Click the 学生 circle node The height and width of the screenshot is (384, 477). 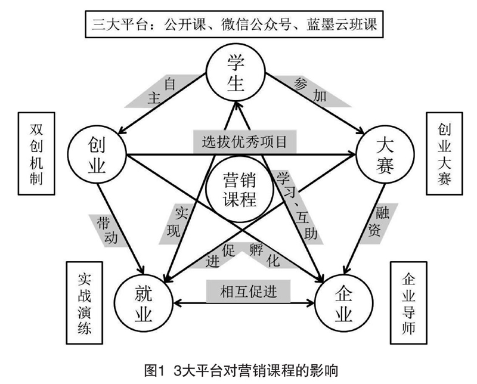pyautogui.click(x=236, y=73)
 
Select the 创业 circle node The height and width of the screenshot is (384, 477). pyautogui.click(x=97, y=155)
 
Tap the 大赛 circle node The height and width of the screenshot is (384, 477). pyautogui.click(x=385, y=155)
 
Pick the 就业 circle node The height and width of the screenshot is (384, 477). pyautogui.click(x=143, y=303)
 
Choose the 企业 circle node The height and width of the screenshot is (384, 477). pyautogui.click(x=344, y=303)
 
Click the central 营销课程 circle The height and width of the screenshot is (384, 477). pyautogui.click(x=239, y=189)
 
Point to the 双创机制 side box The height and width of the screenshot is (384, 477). pyautogui.click(x=36, y=154)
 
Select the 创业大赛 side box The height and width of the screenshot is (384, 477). pyautogui.click(x=444, y=154)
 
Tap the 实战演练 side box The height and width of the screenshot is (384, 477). pyautogui.click(x=85, y=303)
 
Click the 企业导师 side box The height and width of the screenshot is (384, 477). pyautogui.click(x=408, y=303)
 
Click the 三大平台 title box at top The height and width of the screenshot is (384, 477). pyautogui.click(x=234, y=24)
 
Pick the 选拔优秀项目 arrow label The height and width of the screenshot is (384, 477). pyautogui.click(x=244, y=142)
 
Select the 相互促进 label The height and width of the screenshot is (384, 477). pyautogui.click(x=249, y=292)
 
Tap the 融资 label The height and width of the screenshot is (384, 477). pyautogui.click(x=379, y=221)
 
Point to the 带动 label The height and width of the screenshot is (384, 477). pyautogui.click(x=107, y=230)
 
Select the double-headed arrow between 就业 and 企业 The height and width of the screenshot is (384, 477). pyautogui.click(x=244, y=303)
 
